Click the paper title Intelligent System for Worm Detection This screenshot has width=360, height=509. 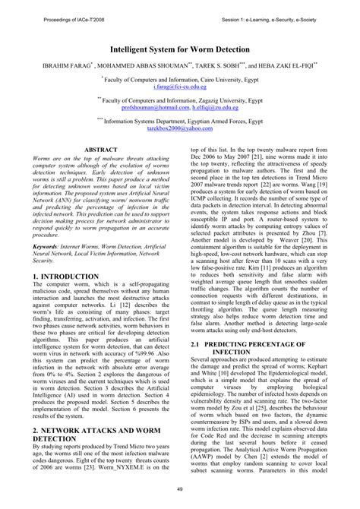(179, 47)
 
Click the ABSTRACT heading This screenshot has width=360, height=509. (100, 150)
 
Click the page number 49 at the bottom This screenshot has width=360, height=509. (179, 488)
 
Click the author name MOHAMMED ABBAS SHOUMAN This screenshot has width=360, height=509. (132, 65)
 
